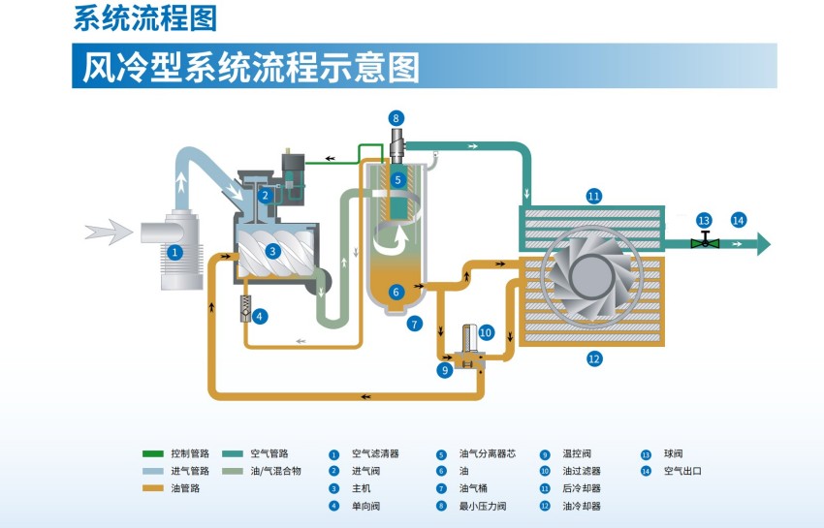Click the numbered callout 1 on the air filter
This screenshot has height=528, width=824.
tap(175, 251)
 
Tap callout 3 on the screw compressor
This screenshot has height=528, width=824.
tap(273, 251)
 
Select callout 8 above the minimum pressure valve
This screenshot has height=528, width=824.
tap(396, 118)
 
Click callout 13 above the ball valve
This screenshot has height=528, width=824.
tap(705, 220)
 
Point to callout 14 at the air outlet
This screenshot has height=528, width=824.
tap(739, 220)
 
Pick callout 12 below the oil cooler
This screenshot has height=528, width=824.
tap(594, 358)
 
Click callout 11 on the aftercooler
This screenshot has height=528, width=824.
tap(594, 196)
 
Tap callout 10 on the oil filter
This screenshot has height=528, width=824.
tap(486, 333)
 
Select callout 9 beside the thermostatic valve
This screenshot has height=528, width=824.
tap(446, 369)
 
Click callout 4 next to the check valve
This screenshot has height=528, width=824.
tap(261, 315)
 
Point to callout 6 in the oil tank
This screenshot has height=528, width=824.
tap(396, 291)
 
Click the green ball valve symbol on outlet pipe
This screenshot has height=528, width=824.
tap(705, 242)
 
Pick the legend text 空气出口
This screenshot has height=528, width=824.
tap(682, 471)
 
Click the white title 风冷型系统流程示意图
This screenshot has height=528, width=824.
tap(250, 66)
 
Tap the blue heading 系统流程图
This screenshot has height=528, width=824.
tap(144, 16)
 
